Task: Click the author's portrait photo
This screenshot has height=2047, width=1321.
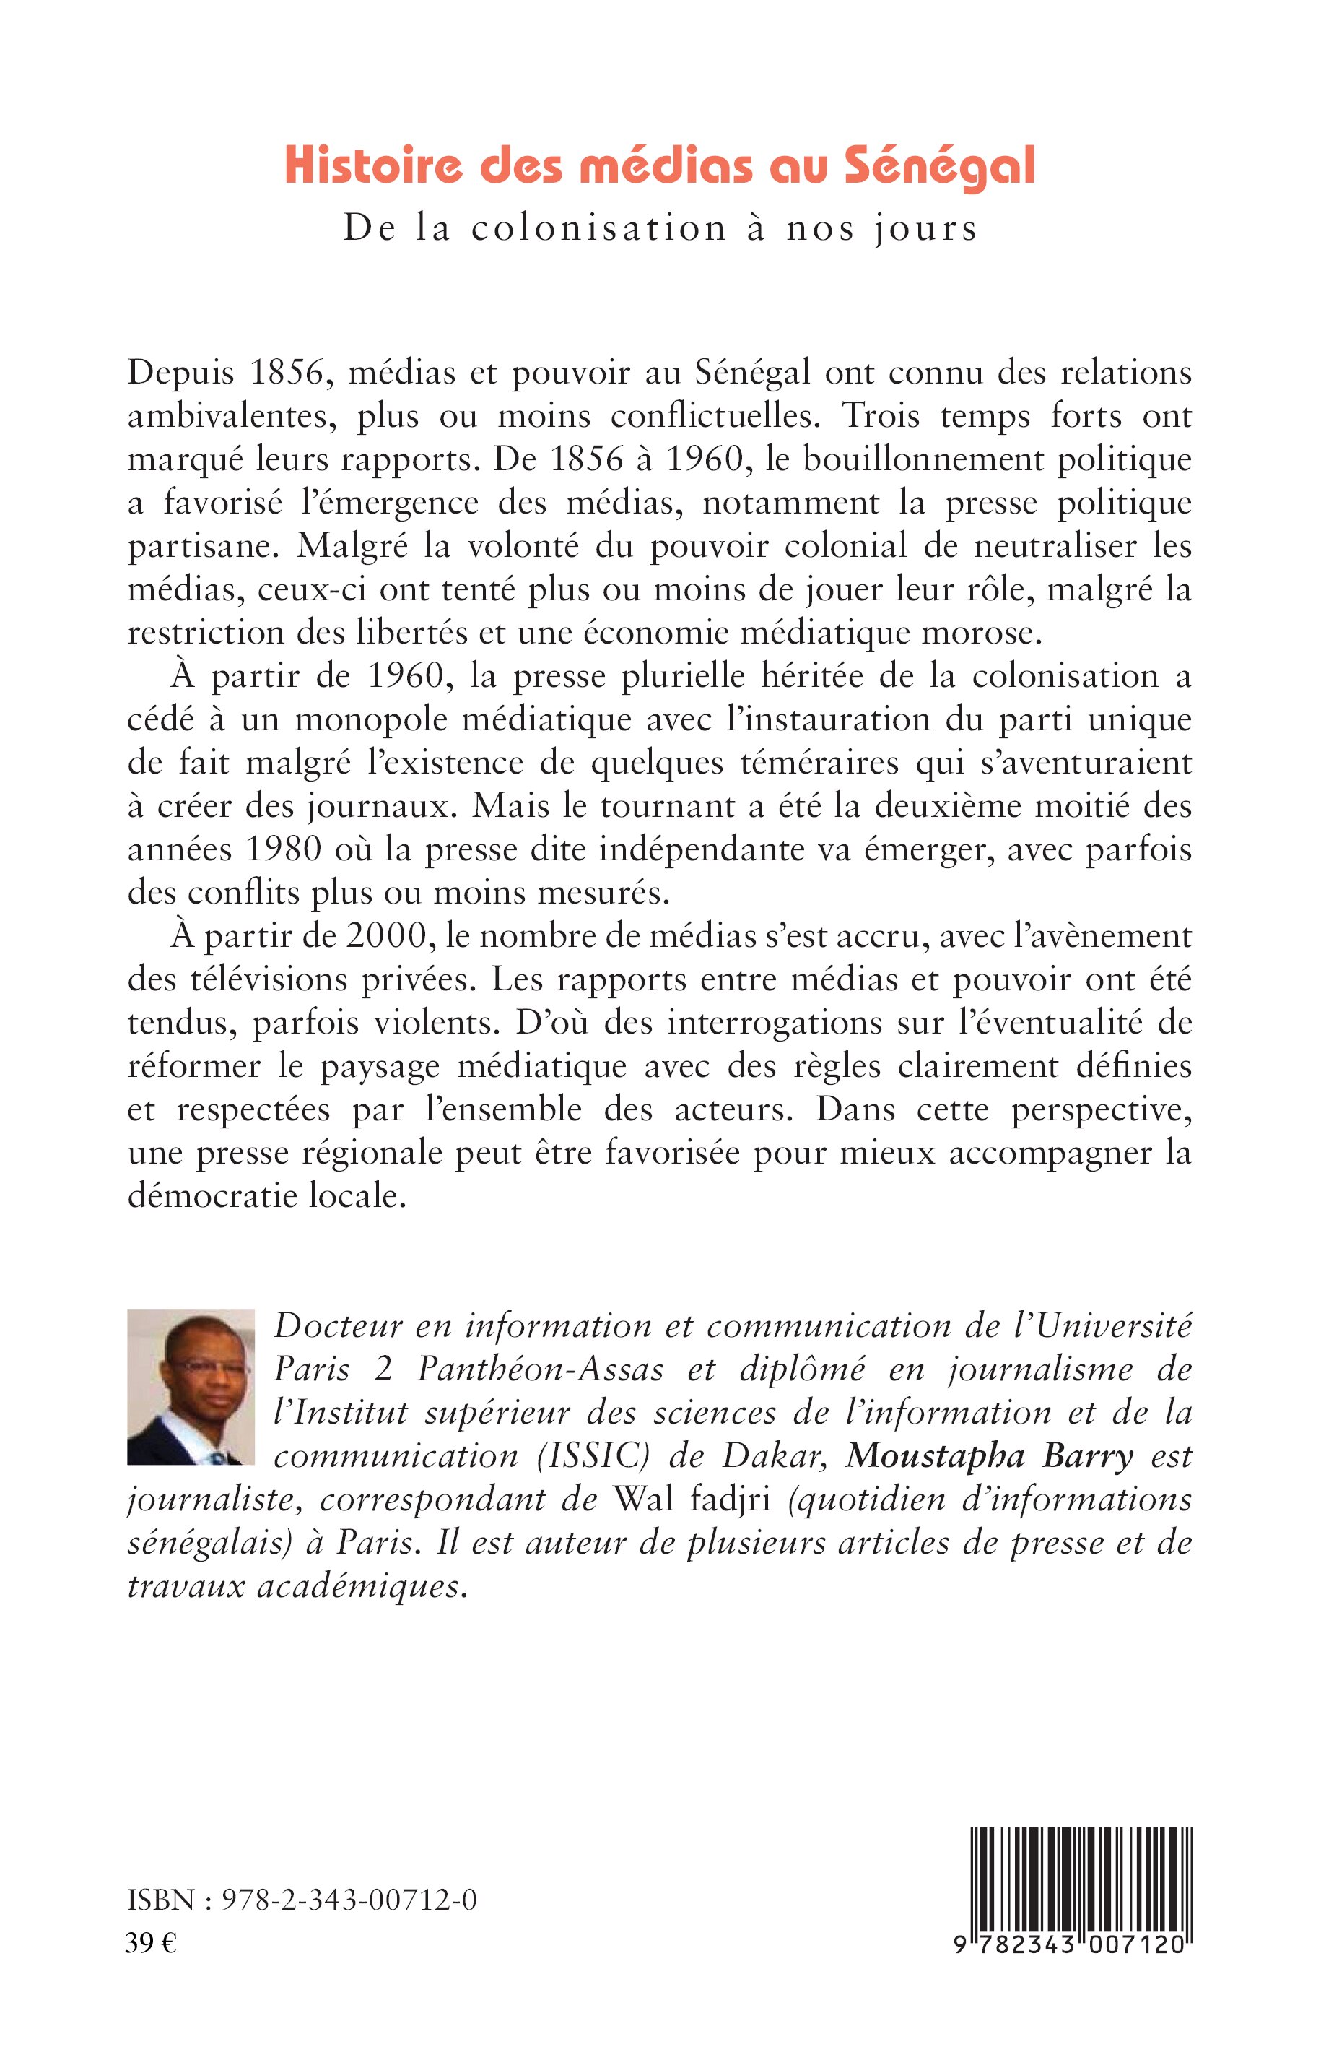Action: [x=191, y=1387]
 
